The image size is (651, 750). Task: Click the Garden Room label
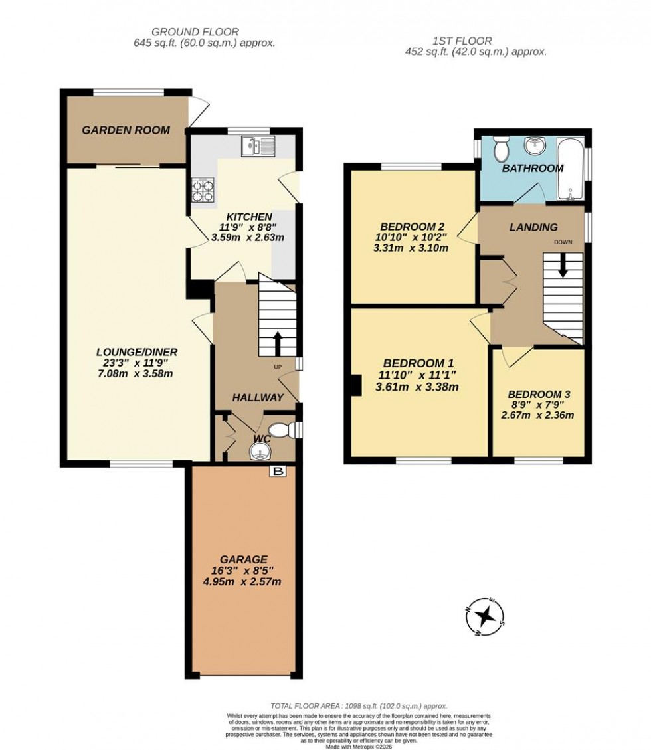point(126,130)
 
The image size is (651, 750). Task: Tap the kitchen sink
point(258,144)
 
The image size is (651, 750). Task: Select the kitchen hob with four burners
point(203,191)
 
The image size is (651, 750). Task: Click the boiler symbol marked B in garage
point(278,471)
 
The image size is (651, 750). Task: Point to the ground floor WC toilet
point(282,431)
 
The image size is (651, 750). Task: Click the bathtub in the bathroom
point(570,169)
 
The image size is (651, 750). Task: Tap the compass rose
point(485,616)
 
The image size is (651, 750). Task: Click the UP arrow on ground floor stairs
point(277,344)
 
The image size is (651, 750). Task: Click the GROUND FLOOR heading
point(195,31)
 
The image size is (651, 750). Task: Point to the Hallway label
point(258,397)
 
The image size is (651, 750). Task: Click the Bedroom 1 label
point(418,363)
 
